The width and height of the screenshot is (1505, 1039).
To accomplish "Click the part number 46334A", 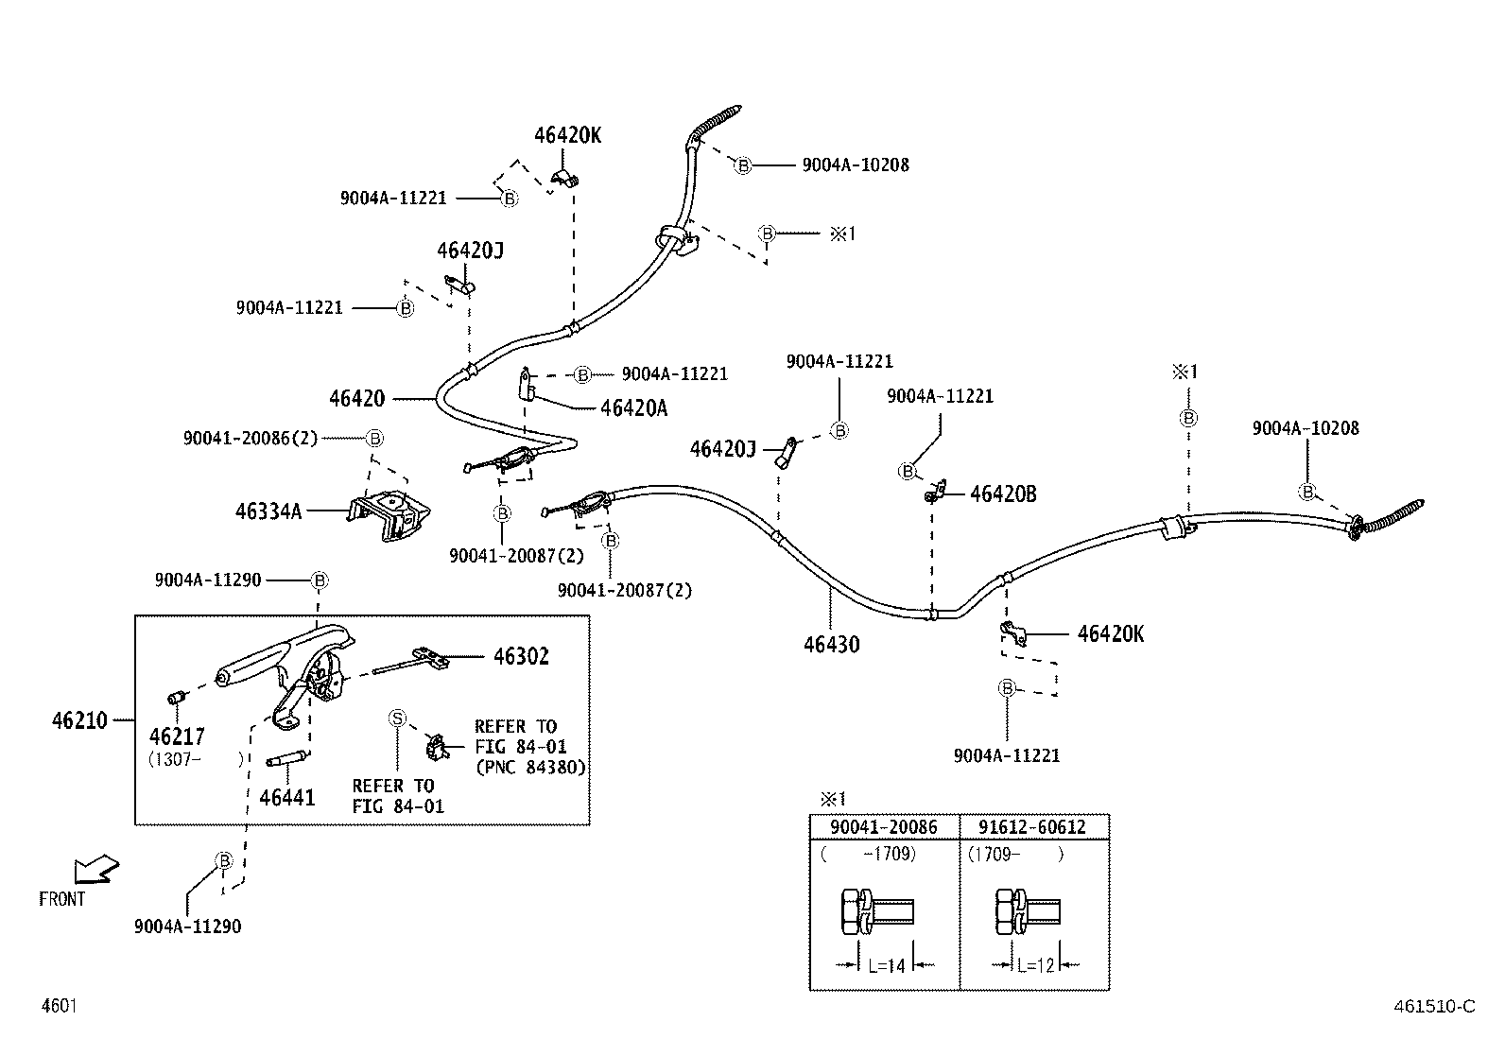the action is click(268, 511).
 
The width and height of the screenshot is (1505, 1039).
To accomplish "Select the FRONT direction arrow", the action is click(96, 869).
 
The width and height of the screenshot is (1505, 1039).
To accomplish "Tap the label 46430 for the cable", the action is click(832, 645).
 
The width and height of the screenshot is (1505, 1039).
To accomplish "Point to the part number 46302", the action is click(522, 656).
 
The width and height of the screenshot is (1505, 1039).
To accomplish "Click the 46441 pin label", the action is click(286, 797).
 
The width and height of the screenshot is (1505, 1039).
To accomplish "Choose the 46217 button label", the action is click(177, 736).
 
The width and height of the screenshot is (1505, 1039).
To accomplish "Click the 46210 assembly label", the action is click(79, 720).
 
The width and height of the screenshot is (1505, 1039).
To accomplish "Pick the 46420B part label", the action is click(1003, 494).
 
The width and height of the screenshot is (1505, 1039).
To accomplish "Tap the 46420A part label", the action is click(633, 407).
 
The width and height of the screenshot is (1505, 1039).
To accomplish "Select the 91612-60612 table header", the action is click(1032, 827).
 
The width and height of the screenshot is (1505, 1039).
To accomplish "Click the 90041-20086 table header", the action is click(884, 827).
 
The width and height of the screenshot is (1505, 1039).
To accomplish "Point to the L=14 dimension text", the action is click(887, 966).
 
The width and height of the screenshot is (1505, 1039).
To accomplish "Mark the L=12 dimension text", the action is click(1036, 966).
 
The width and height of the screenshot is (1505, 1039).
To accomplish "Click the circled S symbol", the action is click(398, 719).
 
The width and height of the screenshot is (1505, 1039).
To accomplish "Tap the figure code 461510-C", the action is click(1434, 1007).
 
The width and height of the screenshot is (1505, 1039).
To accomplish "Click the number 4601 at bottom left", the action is click(60, 1006).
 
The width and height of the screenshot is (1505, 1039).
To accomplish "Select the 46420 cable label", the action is click(356, 399).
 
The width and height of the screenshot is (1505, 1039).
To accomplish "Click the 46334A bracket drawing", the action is click(389, 515).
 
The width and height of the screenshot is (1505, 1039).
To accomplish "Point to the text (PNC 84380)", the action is click(530, 768).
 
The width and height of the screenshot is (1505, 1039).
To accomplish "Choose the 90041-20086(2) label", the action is click(250, 438).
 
